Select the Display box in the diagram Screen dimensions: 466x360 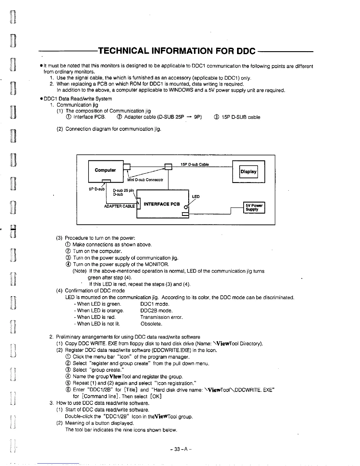point(249,172)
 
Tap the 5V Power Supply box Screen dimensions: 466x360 point(254,208)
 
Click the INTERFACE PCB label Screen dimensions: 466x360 point(161,204)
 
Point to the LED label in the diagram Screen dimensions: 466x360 point(196,197)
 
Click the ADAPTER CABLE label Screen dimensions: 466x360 point(119,206)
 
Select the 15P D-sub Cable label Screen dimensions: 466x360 point(195,164)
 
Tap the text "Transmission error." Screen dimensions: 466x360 point(161,317)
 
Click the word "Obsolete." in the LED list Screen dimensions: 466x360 point(151,324)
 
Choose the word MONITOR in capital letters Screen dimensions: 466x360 point(157,264)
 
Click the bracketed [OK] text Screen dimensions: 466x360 point(156,396)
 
